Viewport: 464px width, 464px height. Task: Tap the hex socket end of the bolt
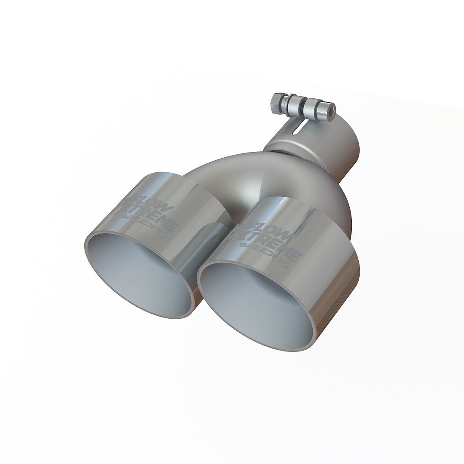[x=330, y=106]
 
